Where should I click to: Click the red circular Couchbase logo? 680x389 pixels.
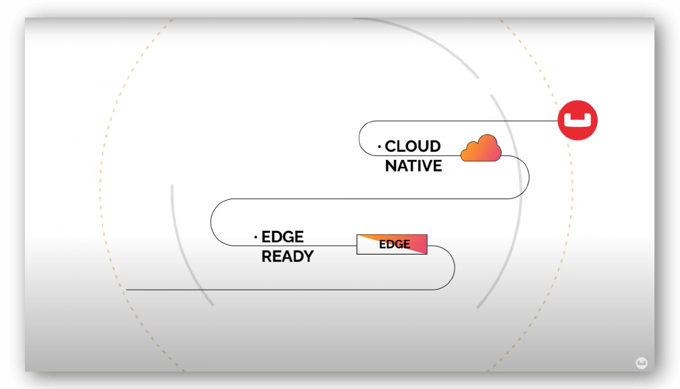coord(577,120)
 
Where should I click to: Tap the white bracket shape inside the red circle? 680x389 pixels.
coord(577,120)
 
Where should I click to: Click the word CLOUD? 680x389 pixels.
coord(412,147)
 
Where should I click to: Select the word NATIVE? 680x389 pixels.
coord(414,166)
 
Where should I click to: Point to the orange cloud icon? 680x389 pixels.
coord(481,149)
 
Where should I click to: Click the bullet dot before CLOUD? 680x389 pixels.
coord(379,147)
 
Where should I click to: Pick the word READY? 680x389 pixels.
coord(287,257)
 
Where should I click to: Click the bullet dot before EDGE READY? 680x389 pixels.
coord(256,237)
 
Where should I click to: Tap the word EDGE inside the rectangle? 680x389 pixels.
coord(394,244)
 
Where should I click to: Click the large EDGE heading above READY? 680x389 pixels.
coord(282,237)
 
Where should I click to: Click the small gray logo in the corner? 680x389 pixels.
coord(642,363)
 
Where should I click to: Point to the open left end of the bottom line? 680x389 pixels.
coord(127,290)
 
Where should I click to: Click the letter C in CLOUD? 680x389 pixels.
coord(391,147)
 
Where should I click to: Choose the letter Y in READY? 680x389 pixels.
coord(308,257)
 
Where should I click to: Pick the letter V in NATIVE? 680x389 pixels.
coord(425,166)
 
